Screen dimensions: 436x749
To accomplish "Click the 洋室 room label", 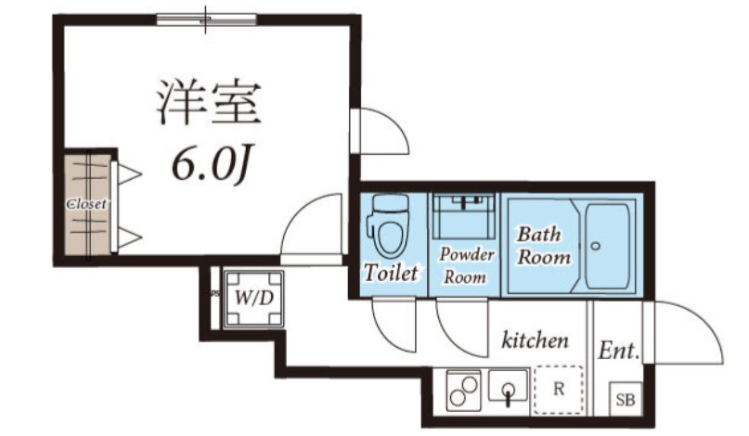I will [207, 102].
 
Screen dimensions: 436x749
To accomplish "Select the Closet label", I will [85, 203].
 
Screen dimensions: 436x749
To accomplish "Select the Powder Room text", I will [464, 264].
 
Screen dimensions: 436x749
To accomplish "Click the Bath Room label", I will [543, 245].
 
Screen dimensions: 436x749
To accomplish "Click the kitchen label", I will [535, 340].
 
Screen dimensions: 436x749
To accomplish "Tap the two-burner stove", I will [463, 390].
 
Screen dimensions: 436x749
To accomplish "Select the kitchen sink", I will [508, 388].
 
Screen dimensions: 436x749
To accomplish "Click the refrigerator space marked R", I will [559, 389].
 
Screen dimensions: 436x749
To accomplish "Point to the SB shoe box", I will [625, 400].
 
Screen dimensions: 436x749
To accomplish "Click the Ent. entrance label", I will [618, 352].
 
